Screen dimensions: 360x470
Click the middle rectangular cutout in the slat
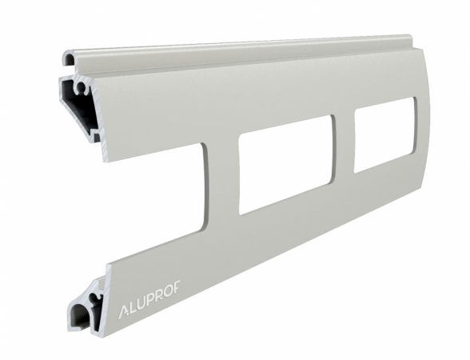pyautogui.click(x=285, y=164)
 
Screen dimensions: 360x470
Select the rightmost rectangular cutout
pyautogui.click(x=384, y=134)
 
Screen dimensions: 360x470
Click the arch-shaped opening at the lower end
pyautogui.click(x=81, y=316)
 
